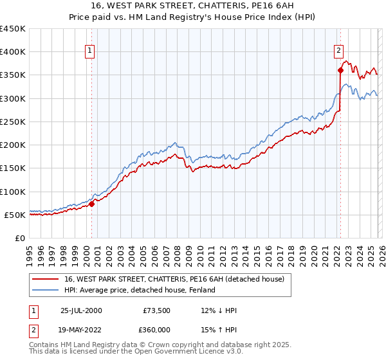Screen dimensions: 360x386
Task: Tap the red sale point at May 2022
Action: pos(340,70)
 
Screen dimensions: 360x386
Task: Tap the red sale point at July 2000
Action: pos(92,204)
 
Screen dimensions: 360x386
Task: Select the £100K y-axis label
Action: pos(13,192)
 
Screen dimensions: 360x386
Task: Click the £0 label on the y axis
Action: pos(19,238)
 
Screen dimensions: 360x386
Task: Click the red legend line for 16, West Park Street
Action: pos(46,279)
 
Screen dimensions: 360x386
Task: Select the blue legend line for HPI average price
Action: pos(46,290)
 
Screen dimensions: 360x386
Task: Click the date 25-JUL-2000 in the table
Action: pos(81,310)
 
